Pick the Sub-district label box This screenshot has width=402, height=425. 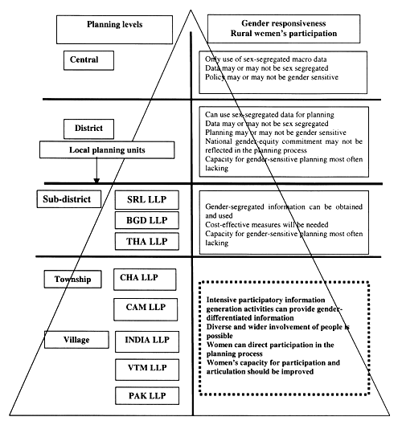click(x=67, y=198)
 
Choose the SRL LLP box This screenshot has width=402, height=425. click(x=147, y=199)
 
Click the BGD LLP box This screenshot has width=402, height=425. click(x=147, y=220)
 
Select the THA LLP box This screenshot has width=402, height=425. click(x=147, y=241)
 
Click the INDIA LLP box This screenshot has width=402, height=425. click(x=146, y=339)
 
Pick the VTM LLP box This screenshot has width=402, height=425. click(x=147, y=367)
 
